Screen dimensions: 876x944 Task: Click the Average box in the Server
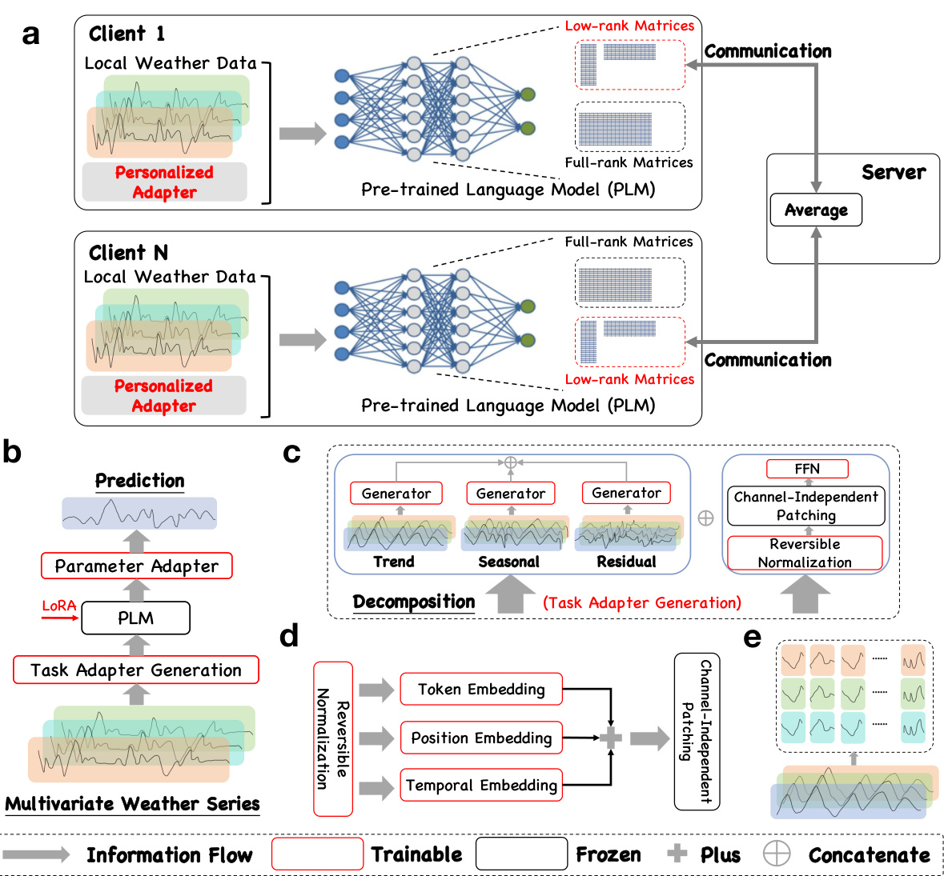point(816,210)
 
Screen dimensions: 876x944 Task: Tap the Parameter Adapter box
point(136,566)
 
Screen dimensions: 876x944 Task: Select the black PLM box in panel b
point(136,618)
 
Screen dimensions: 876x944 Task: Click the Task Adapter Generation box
point(136,670)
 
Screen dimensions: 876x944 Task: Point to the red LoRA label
point(58,606)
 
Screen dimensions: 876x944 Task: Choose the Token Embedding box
point(481,690)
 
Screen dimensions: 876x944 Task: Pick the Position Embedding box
point(481,738)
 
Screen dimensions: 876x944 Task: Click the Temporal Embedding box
point(481,786)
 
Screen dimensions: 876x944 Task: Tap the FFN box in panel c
point(806,469)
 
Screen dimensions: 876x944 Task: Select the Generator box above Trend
point(396,494)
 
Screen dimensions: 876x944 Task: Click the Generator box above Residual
point(626,493)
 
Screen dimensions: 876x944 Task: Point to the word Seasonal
point(508,562)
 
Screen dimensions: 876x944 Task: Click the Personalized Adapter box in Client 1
point(164,182)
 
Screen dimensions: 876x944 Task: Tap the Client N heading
point(128,253)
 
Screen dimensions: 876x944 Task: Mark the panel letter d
point(289,636)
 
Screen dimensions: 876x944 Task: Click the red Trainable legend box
point(318,854)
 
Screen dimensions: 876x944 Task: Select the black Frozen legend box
point(521,854)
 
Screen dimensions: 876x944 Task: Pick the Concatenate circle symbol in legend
point(776,854)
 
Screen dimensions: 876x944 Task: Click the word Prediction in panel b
point(140,481)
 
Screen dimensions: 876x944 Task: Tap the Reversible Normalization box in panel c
point(805,553)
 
